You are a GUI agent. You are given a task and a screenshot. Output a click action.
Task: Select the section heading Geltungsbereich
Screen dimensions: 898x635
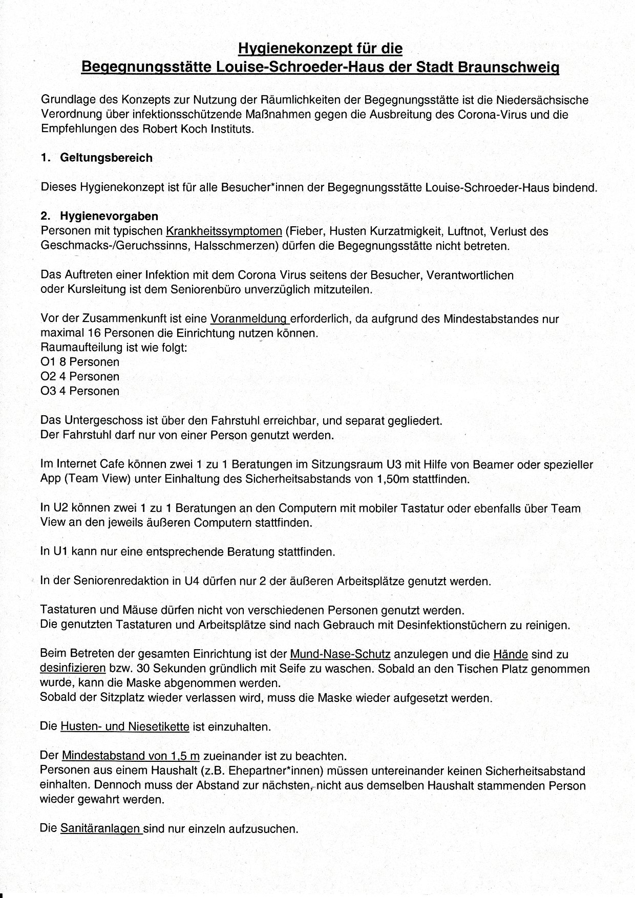coord(106,158)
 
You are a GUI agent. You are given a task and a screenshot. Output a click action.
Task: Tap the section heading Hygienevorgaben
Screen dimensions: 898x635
coord(109,216)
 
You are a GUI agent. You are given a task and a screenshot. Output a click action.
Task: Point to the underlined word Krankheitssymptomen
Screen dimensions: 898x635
coord(224,231)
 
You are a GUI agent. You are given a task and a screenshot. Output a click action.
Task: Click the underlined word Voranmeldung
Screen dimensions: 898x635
coord(249,318)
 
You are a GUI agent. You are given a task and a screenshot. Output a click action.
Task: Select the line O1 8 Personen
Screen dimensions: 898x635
coord(80,362)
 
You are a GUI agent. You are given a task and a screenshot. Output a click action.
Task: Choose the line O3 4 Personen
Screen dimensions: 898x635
coord(80,391)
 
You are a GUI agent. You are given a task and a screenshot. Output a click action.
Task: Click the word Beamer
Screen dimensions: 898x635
coord(496,465)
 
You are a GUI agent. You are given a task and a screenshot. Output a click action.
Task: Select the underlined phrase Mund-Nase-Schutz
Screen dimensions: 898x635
coord(340,654)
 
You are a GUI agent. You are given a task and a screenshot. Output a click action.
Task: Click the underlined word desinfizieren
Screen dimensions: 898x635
coord(73,668)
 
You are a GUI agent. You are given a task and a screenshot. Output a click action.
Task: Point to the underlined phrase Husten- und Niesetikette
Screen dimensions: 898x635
coord(125,726)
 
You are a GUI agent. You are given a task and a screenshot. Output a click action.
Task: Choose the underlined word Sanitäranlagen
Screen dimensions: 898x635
coord(101,828)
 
